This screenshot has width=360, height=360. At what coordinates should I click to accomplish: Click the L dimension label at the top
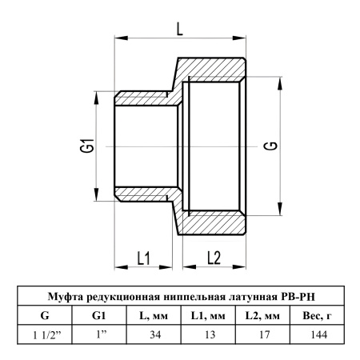(x=180, y=29)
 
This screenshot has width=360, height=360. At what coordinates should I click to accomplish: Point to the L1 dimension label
(x=143, y=258)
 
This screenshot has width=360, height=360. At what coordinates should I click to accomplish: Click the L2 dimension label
(x=214, y=258)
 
